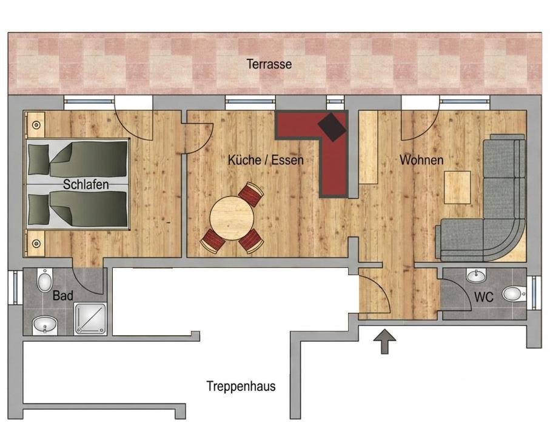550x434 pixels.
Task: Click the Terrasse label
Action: (269, 64)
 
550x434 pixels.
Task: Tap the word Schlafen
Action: (86, 184)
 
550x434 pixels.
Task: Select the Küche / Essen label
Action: (266, 160)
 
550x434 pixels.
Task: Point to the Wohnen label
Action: (421, 160)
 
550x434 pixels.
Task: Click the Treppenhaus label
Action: (241, 386)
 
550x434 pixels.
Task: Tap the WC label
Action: (484, 297)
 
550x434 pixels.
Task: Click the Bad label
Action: (63, 296)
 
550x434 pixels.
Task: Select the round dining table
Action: (232, 218)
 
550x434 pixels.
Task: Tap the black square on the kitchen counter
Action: (332, 127)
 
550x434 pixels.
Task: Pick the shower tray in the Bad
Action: (90, 319)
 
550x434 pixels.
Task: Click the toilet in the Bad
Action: (45, 280)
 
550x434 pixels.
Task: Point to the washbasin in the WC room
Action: (477, 276)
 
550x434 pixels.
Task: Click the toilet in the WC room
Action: (514, 294)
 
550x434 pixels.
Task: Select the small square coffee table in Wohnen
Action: (457, 187)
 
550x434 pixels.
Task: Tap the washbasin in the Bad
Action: (44, 326)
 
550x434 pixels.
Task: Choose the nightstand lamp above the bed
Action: (36, 125)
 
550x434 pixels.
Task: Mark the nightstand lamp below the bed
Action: (36, 243)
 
